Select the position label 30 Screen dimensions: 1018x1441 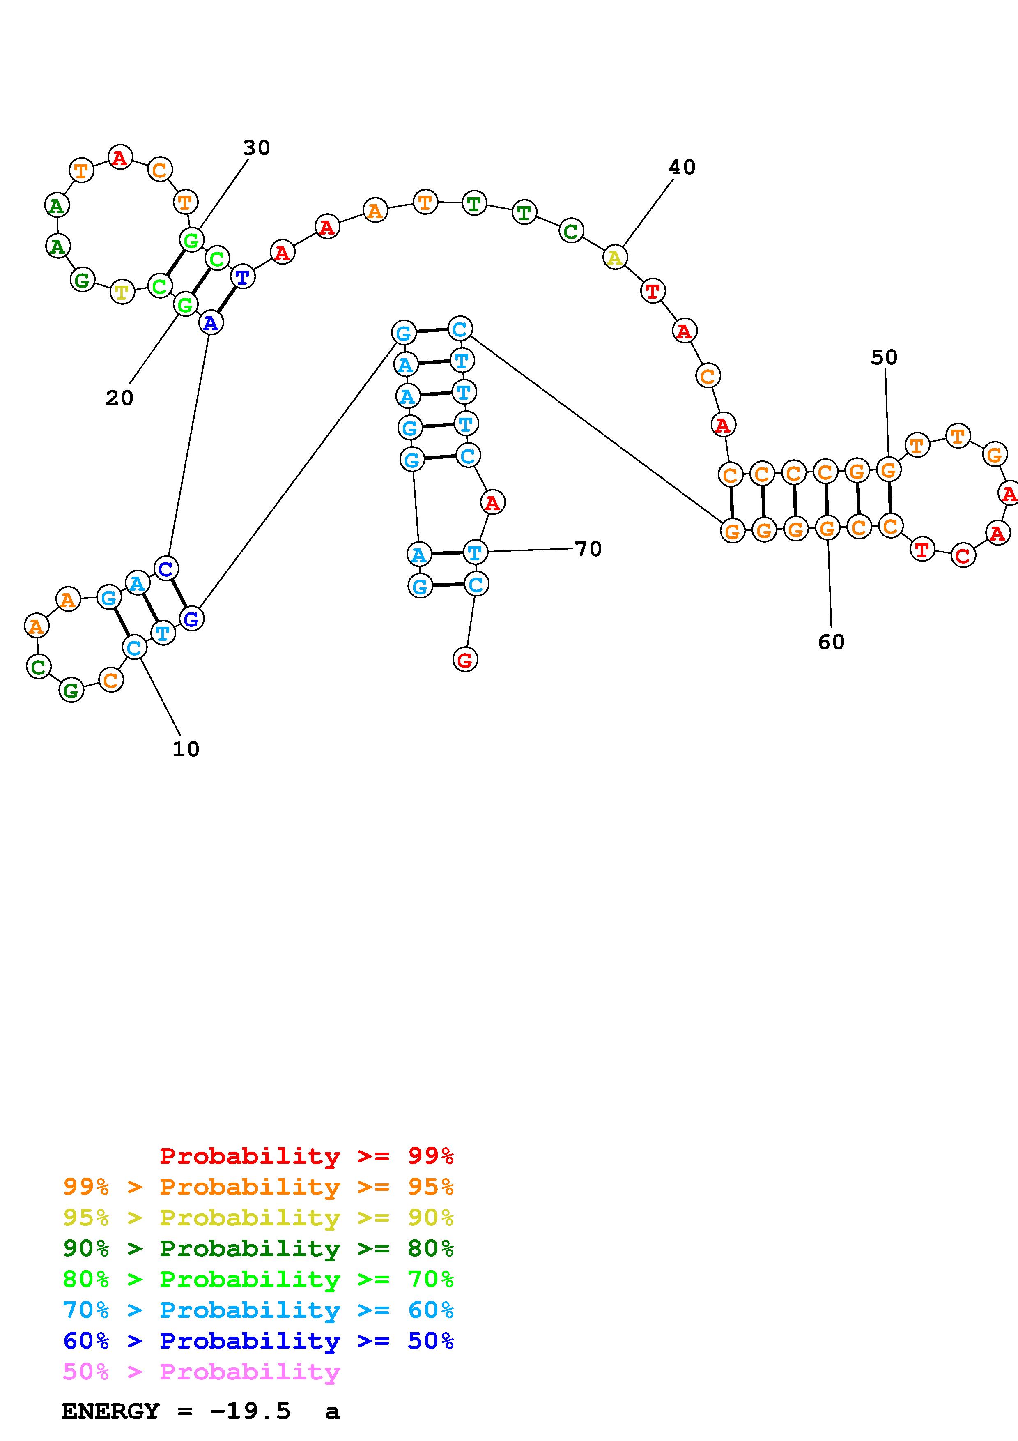[x=257, y=148]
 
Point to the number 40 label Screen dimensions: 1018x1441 [x=682, y=167]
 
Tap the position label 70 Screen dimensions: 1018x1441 [x=588, y=549]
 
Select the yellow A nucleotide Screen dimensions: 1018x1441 [x=615, y=257]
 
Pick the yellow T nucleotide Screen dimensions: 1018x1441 [x=122, y=292]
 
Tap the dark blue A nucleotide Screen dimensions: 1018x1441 [x=211, y=322]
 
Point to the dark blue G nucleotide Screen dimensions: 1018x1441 [x=191, y=619]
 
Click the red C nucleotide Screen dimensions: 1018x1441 [x=963, y=555]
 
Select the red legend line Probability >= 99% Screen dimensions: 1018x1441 [x=307, y=1156]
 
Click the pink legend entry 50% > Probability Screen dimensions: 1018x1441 [x=201, y=1372]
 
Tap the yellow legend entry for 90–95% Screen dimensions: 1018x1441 [x=258, y=1218]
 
